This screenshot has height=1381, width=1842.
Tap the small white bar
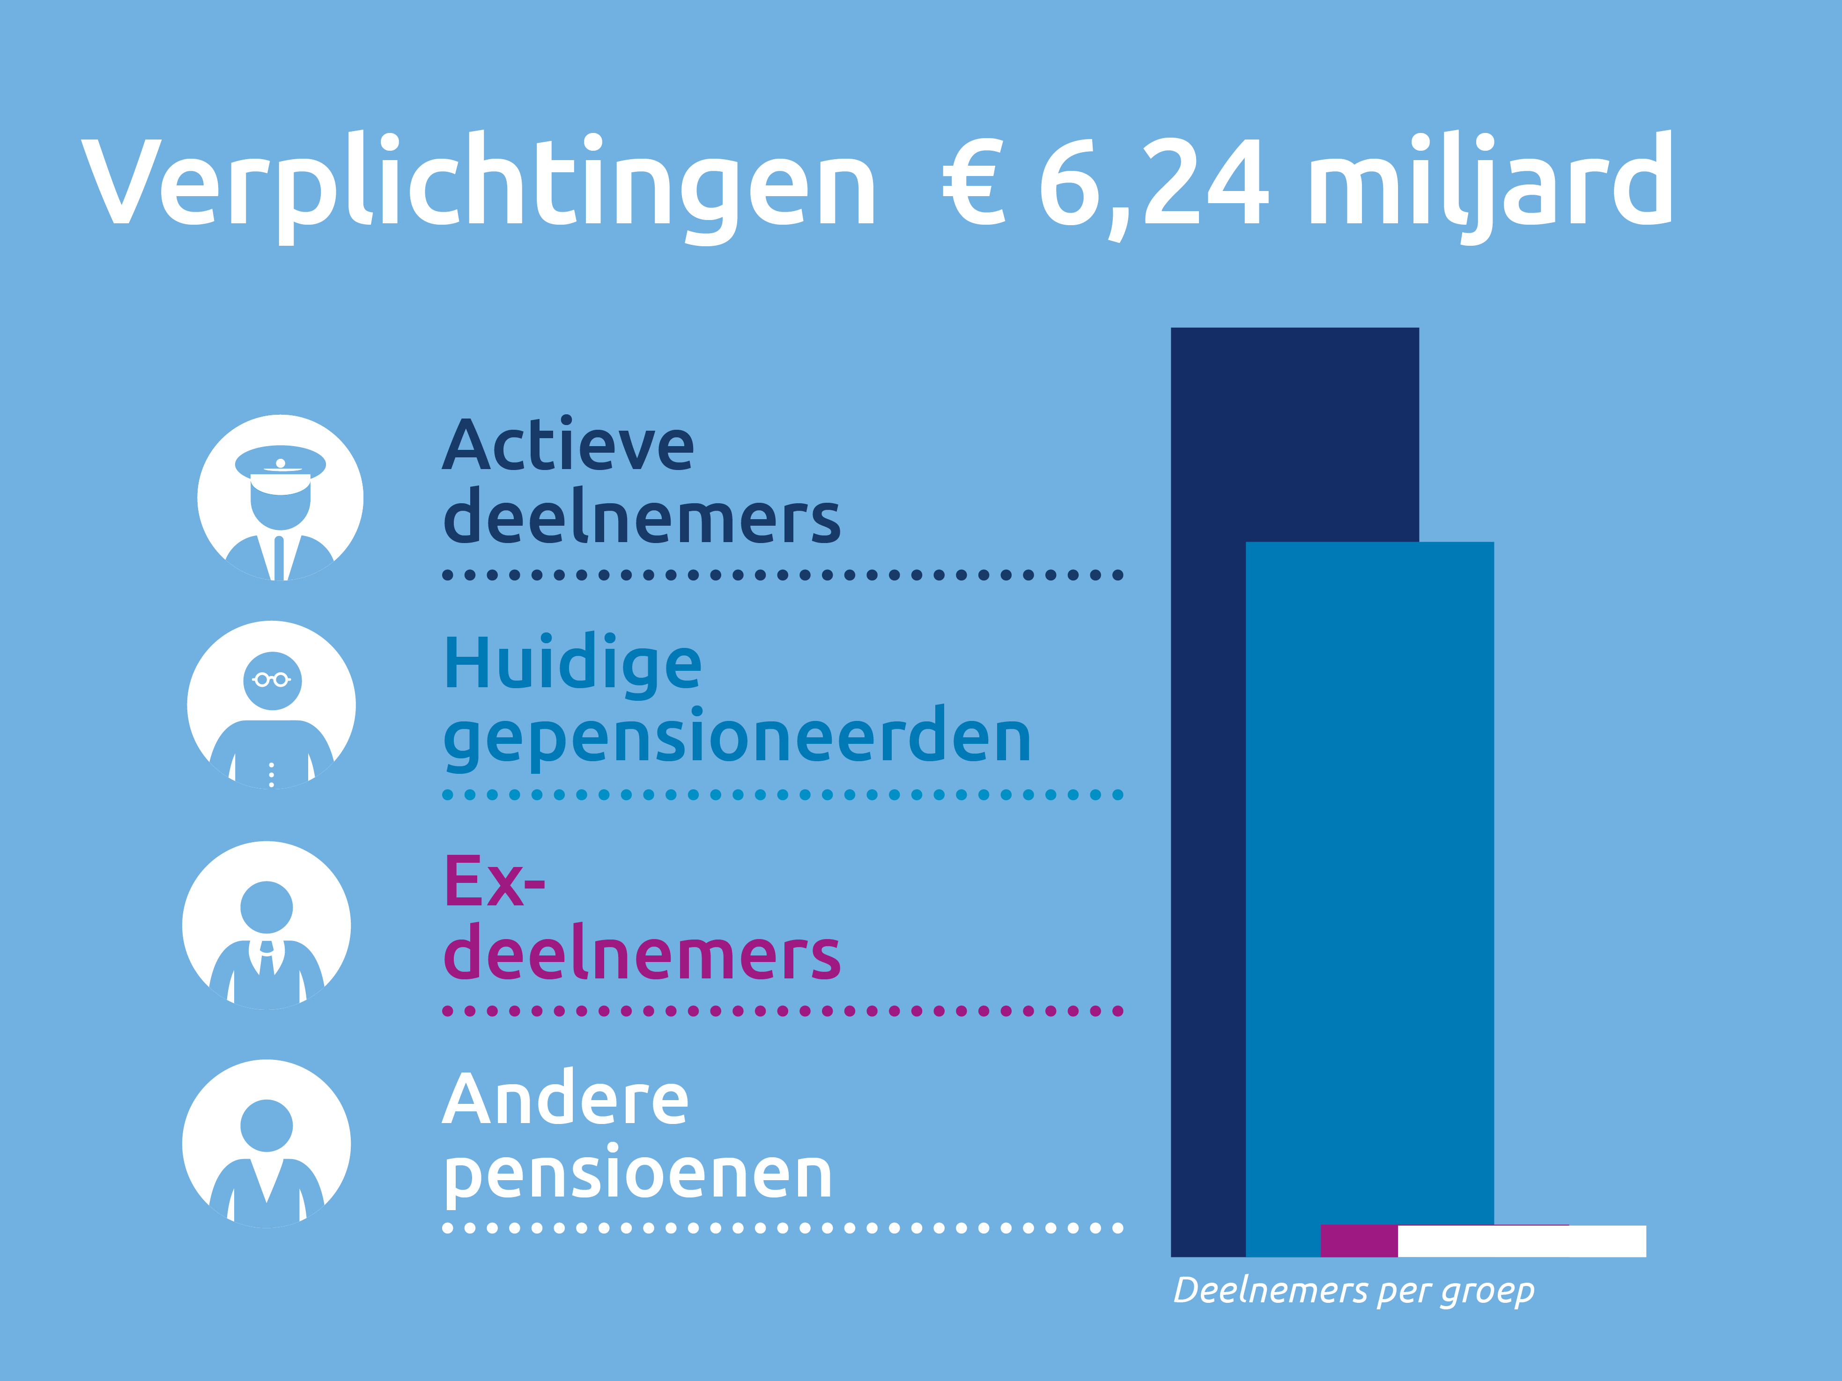pos(1521,1240)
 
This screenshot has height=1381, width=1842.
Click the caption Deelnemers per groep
pos(1353,1290)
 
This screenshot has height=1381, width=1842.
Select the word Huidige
pos(573,664)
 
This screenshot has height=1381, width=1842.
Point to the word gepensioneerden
pos(737,737)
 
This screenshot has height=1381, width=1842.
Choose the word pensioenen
pos(637,1174)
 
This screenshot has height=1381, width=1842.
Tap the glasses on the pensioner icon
pos(272,680)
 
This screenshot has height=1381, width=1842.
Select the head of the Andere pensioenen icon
pos(266,1125)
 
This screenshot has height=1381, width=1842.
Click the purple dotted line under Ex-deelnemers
pos(783,1011)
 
